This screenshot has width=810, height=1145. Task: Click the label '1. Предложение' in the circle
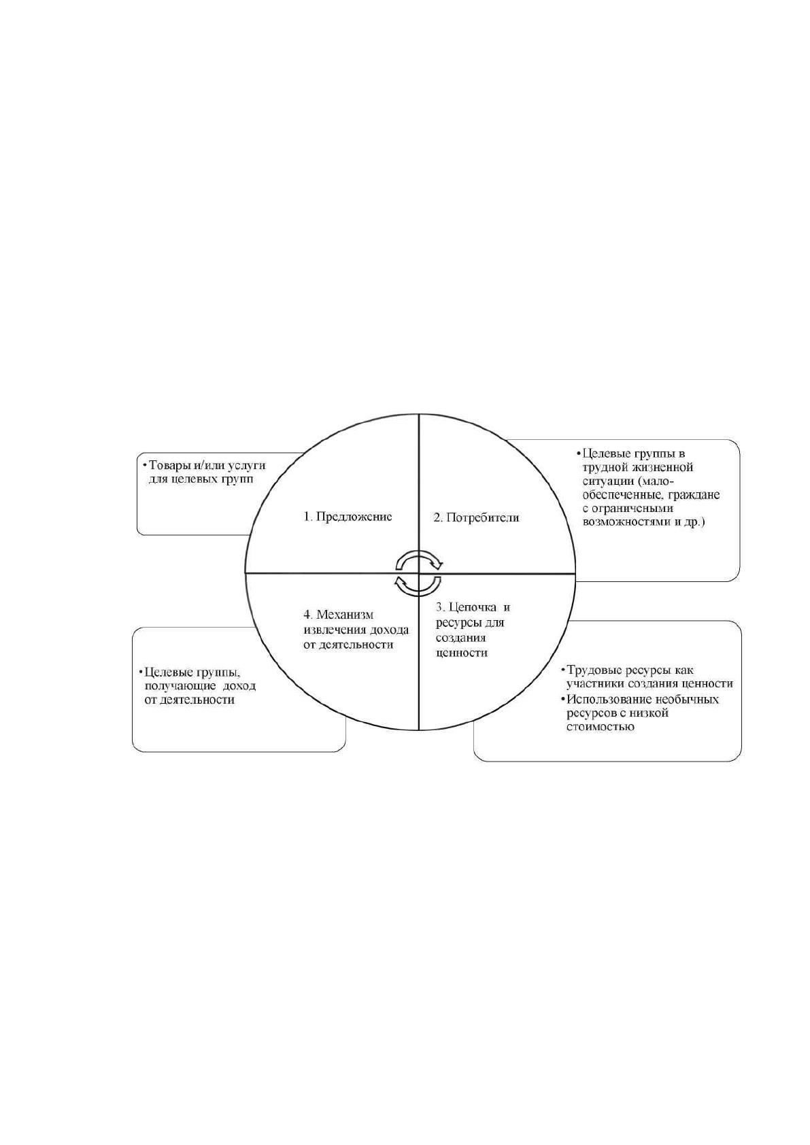(348, 517)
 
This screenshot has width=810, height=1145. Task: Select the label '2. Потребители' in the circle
(477, 518)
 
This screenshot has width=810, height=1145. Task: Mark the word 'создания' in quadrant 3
(460, 638)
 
